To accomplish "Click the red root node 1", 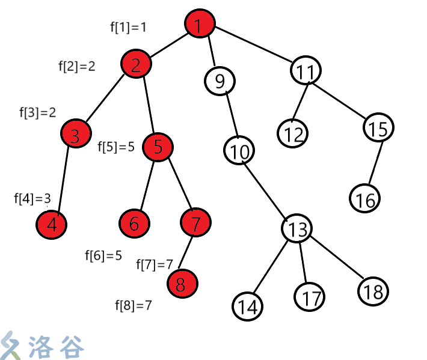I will tap(200, 25).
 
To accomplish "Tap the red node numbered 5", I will tap(158, 147).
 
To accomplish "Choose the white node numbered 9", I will tap(220, 80).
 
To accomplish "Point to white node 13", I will tap(297, 228).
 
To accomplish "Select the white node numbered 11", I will tap(307, 71).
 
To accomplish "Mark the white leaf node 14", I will tap(247, 306).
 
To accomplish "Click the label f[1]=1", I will tap(127, 26).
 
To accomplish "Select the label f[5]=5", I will tap(116, 147).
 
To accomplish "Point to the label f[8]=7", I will tap(133, 305).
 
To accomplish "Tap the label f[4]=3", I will tap(32, 198).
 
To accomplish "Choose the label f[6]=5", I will tap(103, 255).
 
